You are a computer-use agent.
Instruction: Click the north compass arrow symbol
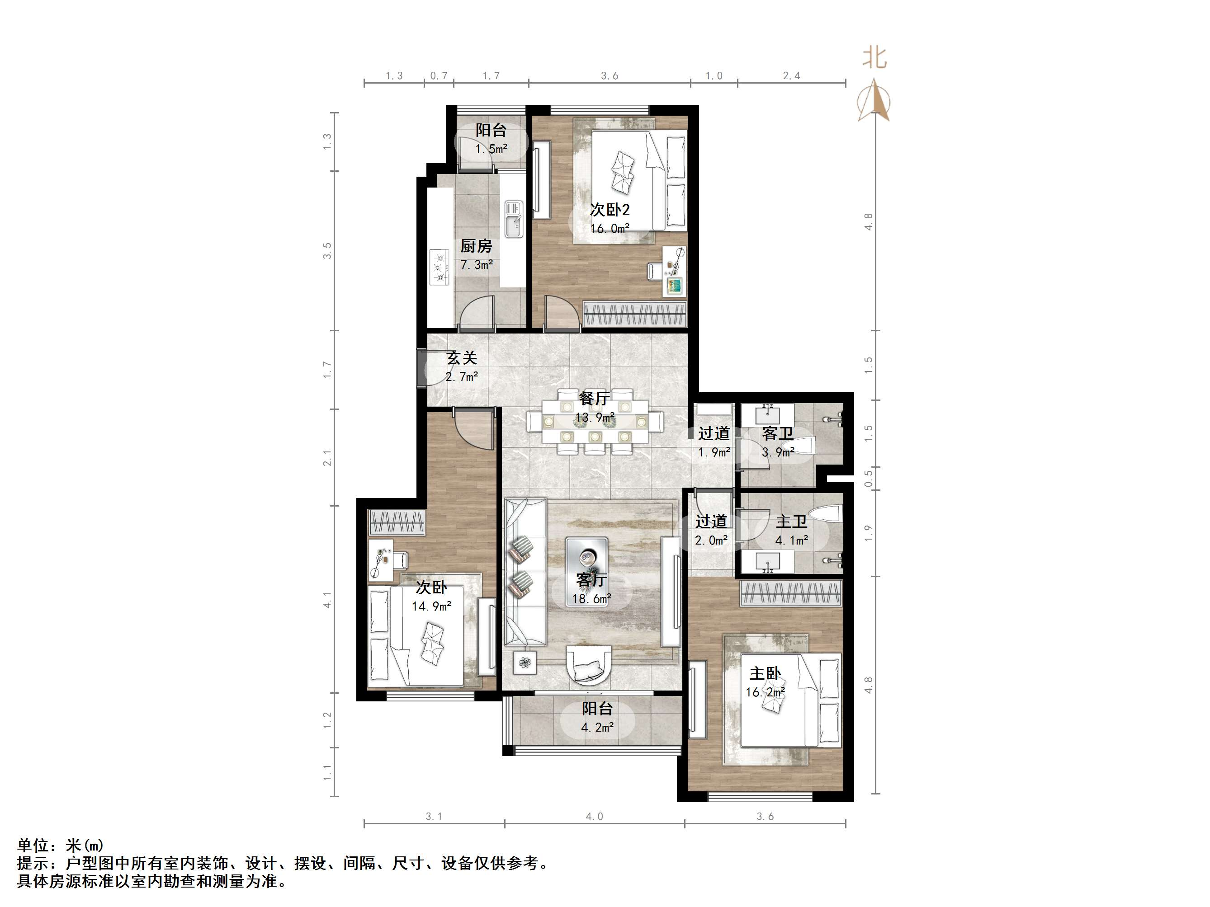point(874,101)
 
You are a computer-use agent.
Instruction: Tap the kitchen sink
point(514,219)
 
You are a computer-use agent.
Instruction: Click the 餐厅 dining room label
point(594,399)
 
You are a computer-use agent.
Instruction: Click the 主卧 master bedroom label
point(765,673)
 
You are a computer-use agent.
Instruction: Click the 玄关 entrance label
point(462,358)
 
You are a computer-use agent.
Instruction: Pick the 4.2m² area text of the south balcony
point(597,728)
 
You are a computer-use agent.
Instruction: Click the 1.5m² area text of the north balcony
point(491,149)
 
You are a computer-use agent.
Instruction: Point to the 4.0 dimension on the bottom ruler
point(594,816)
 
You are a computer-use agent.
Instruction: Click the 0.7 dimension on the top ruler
point(438,75)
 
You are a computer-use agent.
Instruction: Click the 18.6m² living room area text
point(591,599)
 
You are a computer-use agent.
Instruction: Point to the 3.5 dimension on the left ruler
point(327,250)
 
